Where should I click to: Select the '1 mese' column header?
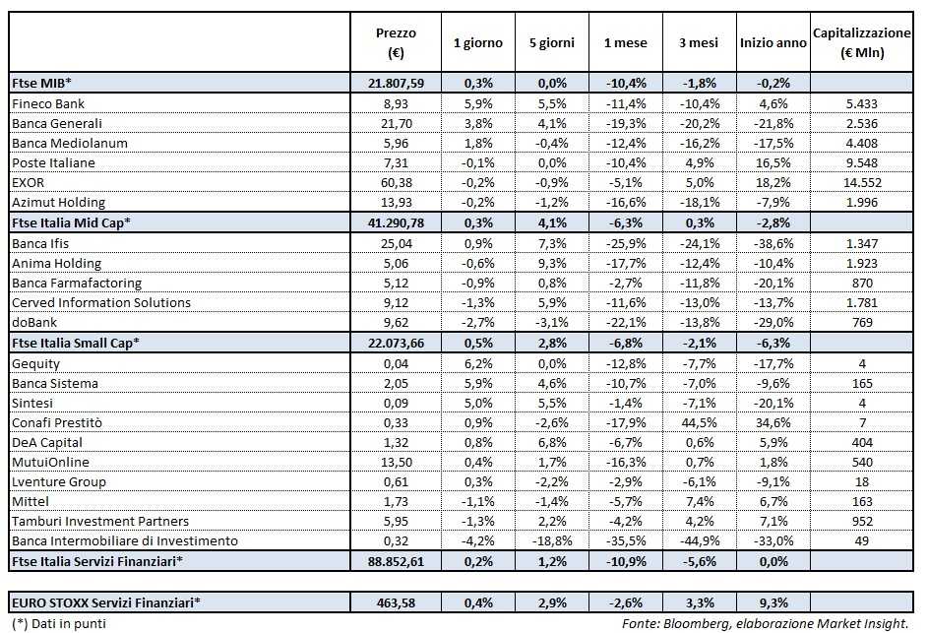(x=626, y=42)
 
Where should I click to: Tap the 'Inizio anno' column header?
(x=773, y=42)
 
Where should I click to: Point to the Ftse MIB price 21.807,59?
(x=396, y=84)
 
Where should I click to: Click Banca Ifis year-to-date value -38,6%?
(x=773, y=243)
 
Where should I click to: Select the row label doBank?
(x=33, y=323)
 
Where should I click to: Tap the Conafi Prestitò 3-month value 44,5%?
(x=700, y=422)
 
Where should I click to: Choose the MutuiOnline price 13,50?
(x=396, y=462)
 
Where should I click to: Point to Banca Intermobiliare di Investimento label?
(x=124, y=541)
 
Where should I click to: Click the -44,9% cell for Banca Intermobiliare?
(x=699, y=541)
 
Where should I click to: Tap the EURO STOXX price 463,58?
(x=396, y=601)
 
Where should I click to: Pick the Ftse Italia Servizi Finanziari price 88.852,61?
(x=396, y=561)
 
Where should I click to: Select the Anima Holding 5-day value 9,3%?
(x=551, y=263)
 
